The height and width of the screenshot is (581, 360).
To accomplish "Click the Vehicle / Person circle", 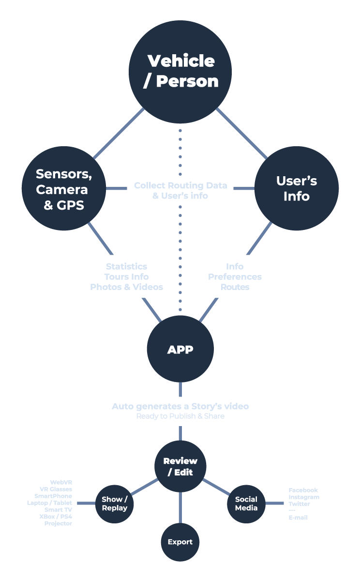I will (x=180, y=72).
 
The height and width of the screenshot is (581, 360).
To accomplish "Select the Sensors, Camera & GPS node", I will (x=64, y=189).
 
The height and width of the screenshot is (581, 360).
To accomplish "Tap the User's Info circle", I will (x=296, y=188).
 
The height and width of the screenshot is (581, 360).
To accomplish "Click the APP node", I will (x=180, y=349).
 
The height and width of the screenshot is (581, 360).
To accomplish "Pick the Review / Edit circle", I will (x=180, y=466).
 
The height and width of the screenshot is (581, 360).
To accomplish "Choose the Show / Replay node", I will (x=115, y=504).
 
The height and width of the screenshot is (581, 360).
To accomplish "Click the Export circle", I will (x=180, y=542).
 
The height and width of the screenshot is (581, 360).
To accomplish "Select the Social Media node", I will (x=246, y=504).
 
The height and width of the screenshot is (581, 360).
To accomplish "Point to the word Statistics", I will (x=126, y=266).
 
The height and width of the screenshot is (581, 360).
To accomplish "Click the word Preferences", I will (x=235, y=276).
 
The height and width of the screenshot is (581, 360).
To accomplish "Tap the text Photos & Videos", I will (x=126, y=287).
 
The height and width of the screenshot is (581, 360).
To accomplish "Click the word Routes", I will (x=235, y=287).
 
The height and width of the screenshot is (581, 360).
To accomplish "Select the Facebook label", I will (x=303, y=490).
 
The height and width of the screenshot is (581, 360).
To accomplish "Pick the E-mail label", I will (x=298, y=518).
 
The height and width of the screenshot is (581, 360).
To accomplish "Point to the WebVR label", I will (x=61, y=482).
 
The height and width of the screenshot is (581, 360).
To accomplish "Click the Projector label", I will (x=58, y=523).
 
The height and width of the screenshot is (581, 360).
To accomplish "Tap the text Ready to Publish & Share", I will (x=180, y=416).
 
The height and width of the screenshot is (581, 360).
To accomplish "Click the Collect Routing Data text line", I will (x=180, y=185).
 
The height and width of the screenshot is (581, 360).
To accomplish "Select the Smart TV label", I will (x=58, y=510).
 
